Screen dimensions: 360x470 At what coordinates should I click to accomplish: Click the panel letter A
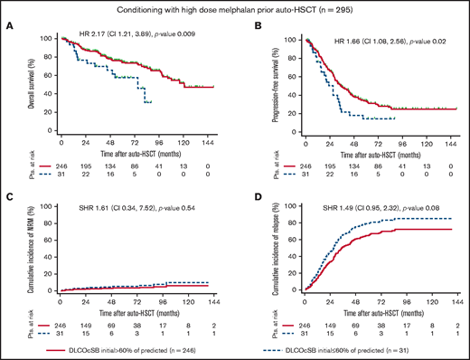(8, 26)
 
